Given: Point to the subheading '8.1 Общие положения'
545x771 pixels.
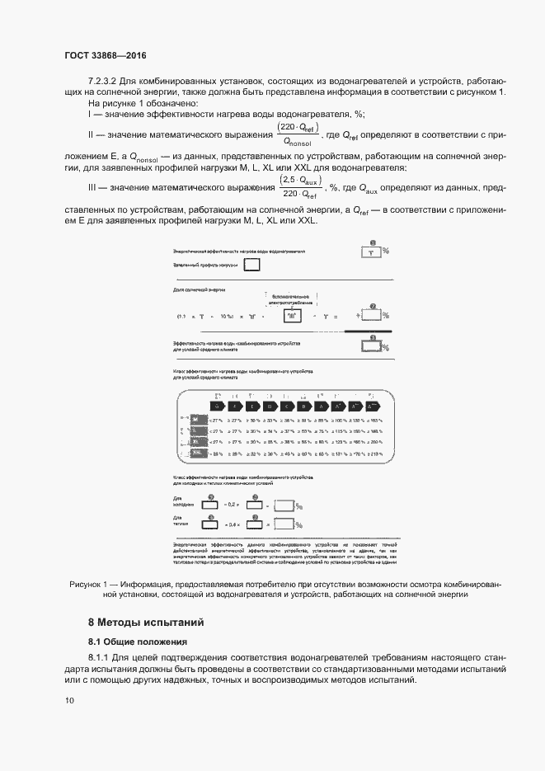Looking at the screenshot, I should [138, 642].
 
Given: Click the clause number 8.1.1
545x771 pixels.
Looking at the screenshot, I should [102, 657].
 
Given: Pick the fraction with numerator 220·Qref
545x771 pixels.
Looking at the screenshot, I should [298, 134].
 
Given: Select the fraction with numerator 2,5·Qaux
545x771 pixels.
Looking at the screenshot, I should [299, 187].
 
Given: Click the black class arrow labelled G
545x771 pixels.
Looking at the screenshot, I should [218, 406].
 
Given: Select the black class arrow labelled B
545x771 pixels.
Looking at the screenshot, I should [304, 406].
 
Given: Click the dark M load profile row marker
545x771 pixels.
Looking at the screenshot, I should [195, 421].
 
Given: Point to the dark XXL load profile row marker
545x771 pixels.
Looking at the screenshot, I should [195, 454].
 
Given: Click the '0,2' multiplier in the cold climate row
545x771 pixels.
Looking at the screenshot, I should [233, 504].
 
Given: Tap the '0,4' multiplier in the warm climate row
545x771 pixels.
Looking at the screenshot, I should [233, 524].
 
